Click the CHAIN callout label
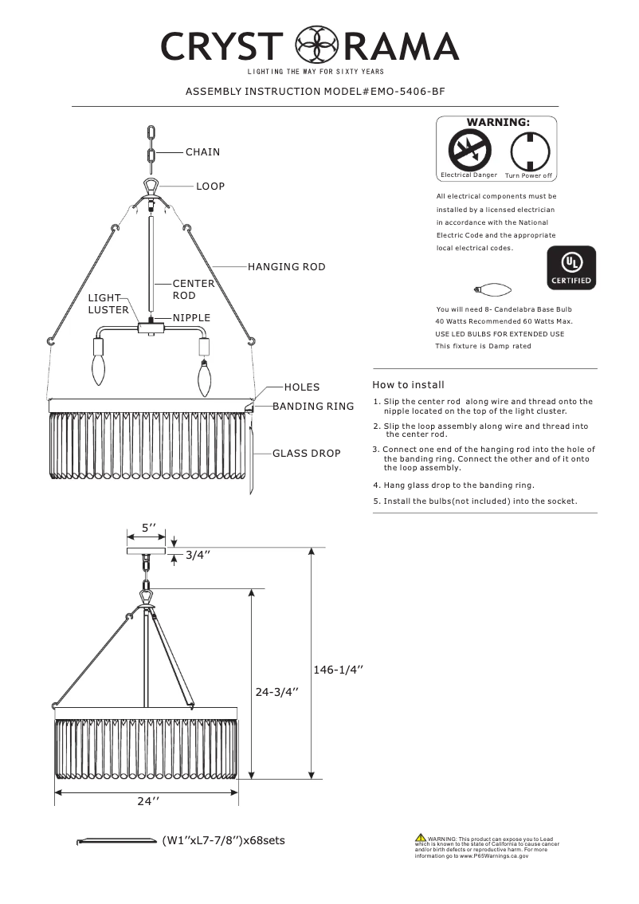tap(202, 151)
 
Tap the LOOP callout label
tap(210, 186)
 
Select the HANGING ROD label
tap(286, 267)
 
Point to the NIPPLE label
tap(191, 317)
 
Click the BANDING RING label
tap(313, 407)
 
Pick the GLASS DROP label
tap(306, 453)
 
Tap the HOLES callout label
tap(301, 387)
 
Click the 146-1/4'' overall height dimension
tap(338, 670)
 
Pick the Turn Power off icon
tap(526, 149)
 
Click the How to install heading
tap(409, 384)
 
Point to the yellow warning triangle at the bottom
tap(420, 838)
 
